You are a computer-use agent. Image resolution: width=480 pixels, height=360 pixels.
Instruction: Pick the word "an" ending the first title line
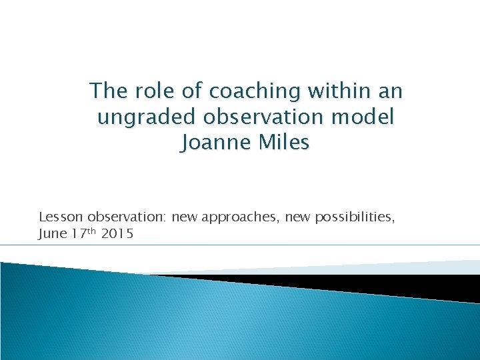point(390,91)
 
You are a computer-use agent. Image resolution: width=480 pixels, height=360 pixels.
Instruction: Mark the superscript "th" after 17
point(93,230)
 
